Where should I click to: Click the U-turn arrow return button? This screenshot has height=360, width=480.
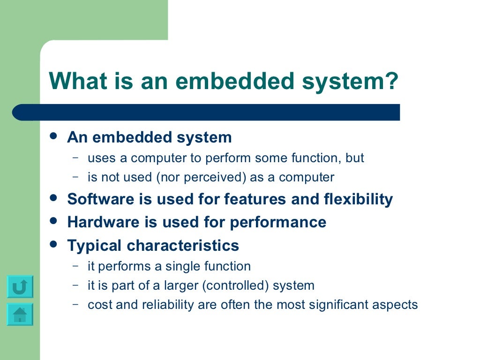pos(20,286)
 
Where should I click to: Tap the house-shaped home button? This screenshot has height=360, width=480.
pos(20,315)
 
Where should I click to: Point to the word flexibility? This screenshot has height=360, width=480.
pos(358,199)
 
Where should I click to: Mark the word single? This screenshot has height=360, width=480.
pos(182,266)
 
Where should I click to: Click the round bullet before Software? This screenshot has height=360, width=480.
pos(54,198)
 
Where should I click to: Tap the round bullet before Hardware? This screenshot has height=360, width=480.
pos(54,221)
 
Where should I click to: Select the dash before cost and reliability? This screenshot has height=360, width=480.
pos(75,304)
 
